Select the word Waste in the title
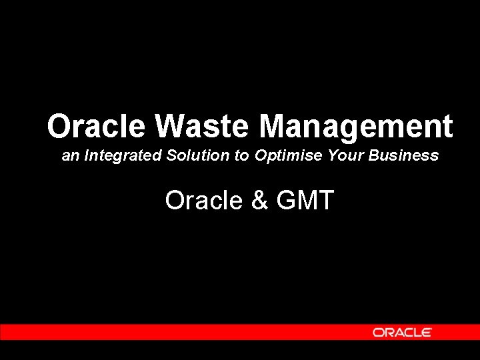pos(203,126)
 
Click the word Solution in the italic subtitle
pos(198,156)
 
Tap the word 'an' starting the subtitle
pos(70,157)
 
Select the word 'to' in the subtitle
pos(241,156)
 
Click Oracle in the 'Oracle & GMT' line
pos(204,200)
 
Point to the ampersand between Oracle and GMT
pos(259,200)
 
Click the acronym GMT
pos(304,200)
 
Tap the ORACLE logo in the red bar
pos(402,332)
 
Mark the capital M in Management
pos(273,126)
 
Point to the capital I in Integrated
pos(87,156)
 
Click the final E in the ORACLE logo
pos(427,332)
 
